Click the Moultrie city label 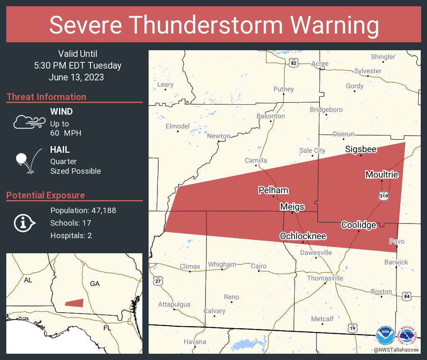[381, 175]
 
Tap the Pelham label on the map [273, 190]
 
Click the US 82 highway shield [294, 63]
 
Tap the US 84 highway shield [407, 296]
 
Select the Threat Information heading [46, 97]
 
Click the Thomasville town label [325, 278]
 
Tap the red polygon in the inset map [75, 303]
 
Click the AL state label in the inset [28, 280]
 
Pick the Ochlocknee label [303, 237]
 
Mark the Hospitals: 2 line [71, 235]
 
